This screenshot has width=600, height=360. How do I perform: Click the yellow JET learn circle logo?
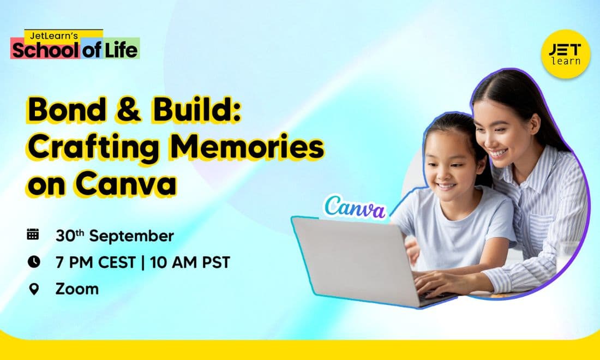[x=566, y=54]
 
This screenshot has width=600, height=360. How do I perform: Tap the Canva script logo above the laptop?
[x=355, y=207]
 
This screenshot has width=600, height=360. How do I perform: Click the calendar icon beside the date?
[x=33, y=234]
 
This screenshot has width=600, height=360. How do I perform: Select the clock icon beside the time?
[x=34, y=262]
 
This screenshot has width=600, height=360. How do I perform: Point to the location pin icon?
[x=34, y=289]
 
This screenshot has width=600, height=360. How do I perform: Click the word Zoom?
[x=77, y=289]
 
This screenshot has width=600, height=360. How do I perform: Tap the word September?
[x=131, y=236]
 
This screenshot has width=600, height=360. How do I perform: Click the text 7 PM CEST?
[x=95, y=262]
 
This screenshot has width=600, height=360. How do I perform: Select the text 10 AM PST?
[x=190, y=262]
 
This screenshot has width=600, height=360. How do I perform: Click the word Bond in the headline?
[x=67, y=110]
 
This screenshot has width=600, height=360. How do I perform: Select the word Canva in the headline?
[x=126, y=184]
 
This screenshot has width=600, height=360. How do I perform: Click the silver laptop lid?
[x=356, y=260]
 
